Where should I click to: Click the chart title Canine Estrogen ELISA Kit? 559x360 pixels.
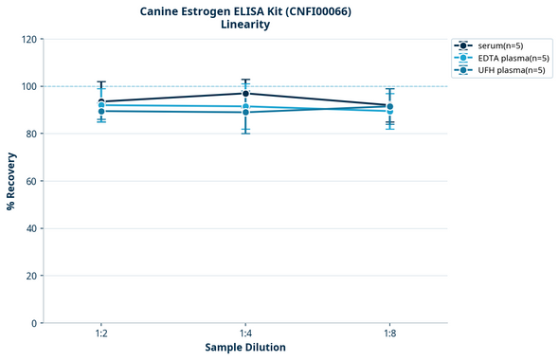(245, 10)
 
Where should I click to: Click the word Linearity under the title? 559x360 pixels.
(245, 25)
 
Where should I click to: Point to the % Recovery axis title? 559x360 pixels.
(11, 180)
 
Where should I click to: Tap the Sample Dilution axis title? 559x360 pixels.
(245, 348)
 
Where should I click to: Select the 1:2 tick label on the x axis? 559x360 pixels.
(101, 333)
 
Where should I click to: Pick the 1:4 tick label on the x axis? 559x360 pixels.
(245, 333)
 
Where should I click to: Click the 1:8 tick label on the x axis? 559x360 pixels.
(389, 333)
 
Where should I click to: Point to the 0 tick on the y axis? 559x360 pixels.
(34, 323)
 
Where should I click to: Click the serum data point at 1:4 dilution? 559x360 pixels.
(245, 93)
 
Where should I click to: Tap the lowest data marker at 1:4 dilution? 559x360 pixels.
(245, 112)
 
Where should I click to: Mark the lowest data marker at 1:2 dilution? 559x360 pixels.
(101, 111)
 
